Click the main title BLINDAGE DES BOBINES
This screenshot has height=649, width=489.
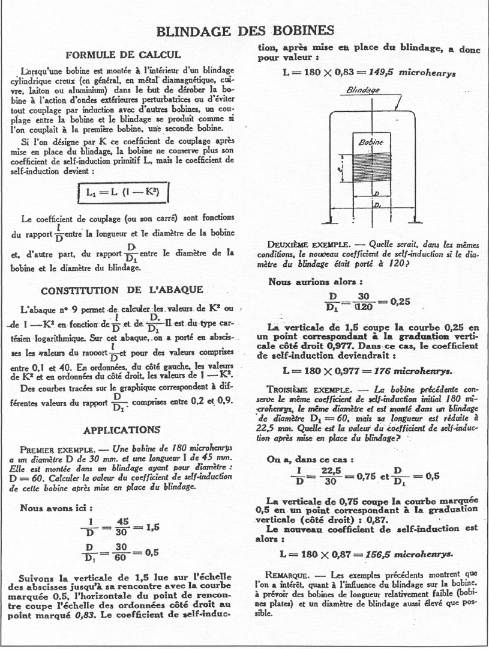pyautogui.click(x=244, y=31)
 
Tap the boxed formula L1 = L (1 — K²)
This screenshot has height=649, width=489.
pyautogui.click(x=123, y=194)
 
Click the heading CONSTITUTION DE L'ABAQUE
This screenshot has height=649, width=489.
pyautogui.click(x=122, y=291)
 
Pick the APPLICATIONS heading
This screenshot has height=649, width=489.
pyautogui.click(x=122, y=430)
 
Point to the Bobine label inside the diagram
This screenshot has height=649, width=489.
pyautogui.click(x=370, y=144)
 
